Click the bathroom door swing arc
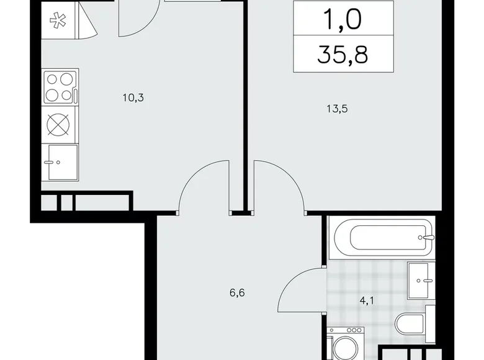click(297, 282)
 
